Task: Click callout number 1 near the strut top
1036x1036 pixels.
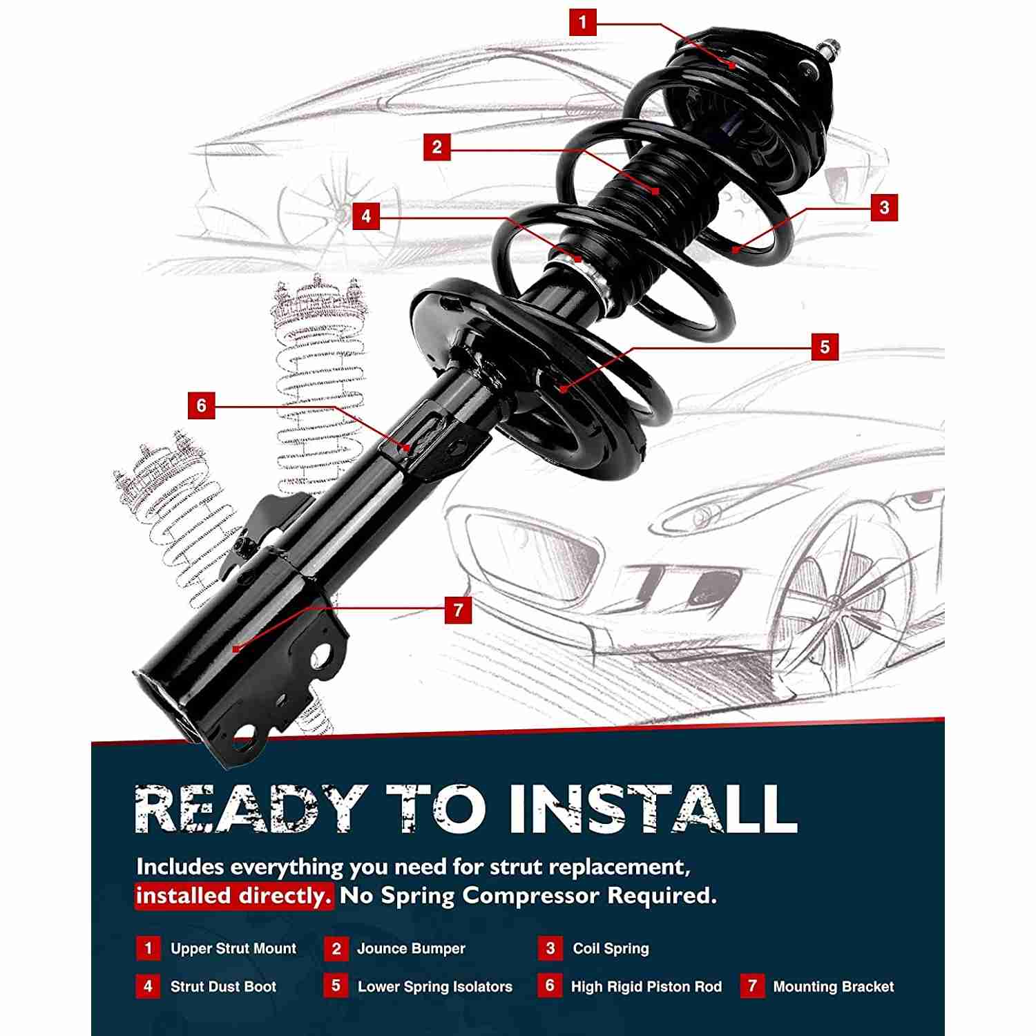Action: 582,22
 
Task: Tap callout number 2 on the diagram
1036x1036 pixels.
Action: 437,147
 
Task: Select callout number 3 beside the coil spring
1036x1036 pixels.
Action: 884,207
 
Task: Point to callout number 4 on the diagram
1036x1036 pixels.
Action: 366,216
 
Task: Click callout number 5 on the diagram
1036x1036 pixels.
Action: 825,347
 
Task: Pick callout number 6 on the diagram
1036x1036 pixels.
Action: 201,405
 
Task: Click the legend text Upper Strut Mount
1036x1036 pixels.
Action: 233,948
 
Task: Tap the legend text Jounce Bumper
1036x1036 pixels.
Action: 411,948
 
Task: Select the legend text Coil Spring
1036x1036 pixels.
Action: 611,949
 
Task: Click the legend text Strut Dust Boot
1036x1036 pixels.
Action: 223,986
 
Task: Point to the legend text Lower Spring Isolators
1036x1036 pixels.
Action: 435,987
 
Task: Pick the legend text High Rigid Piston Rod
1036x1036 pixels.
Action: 646,987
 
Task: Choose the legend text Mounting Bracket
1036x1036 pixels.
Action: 834,987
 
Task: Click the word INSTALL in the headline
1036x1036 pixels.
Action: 653,808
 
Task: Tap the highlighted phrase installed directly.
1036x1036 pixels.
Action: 234,896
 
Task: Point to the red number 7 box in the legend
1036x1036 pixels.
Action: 753,986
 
